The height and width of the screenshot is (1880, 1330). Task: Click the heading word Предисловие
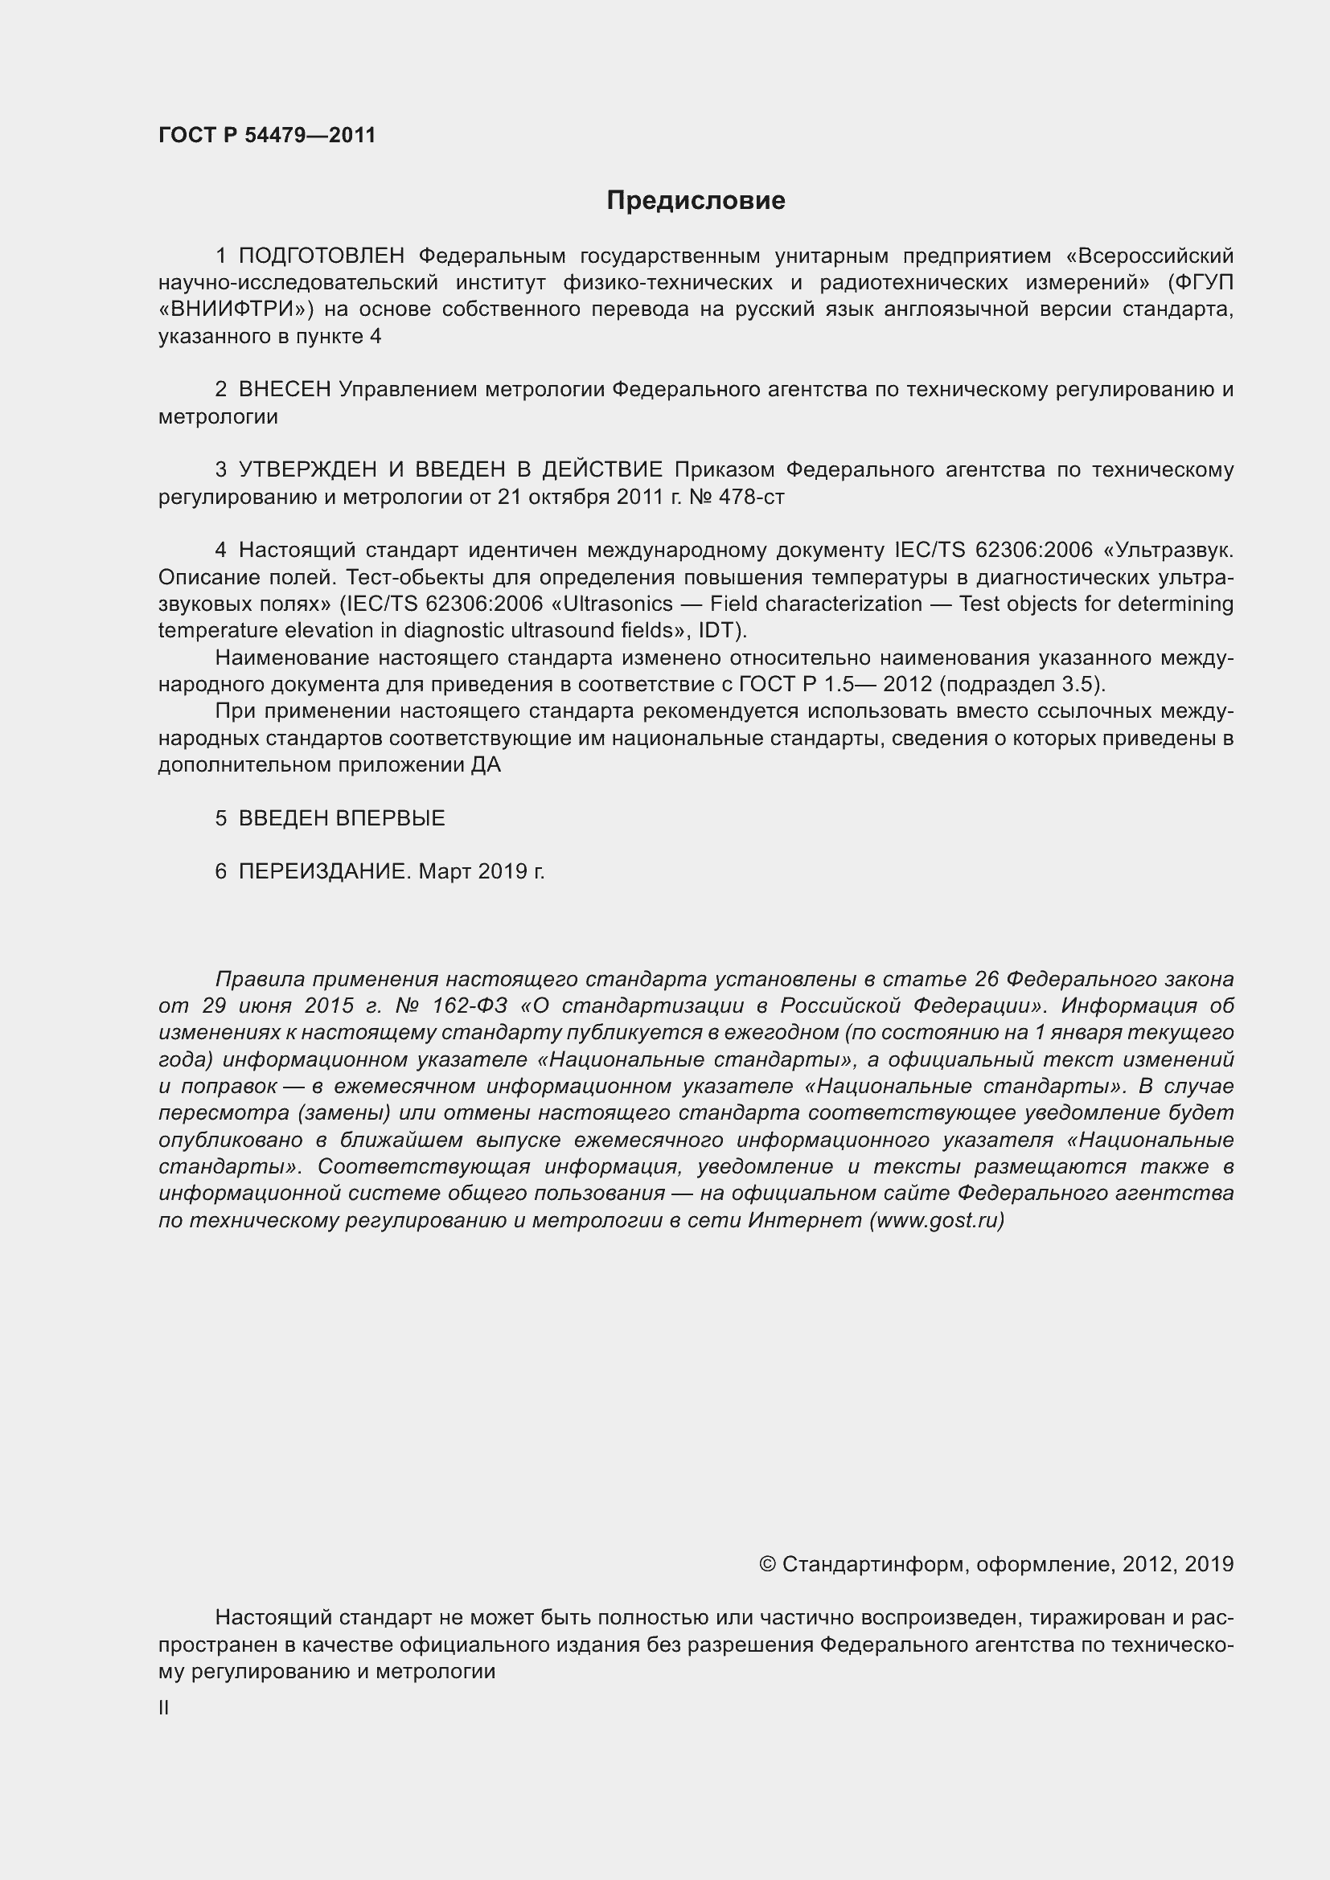point(696,201)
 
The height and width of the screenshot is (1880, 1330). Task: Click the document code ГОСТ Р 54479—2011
point(267,135)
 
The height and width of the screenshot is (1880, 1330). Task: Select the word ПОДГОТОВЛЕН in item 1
point(322,256)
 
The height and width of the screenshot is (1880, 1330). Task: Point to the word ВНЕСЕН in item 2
point(284,390)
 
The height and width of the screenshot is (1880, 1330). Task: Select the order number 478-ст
point(751,497)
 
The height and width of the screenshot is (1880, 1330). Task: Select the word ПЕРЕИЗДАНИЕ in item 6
point(322,871)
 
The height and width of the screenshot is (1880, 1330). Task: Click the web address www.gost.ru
point(936,1220)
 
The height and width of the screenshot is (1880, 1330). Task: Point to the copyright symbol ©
point(767,1565)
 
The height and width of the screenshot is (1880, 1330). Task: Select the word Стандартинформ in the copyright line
point(868,1565)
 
